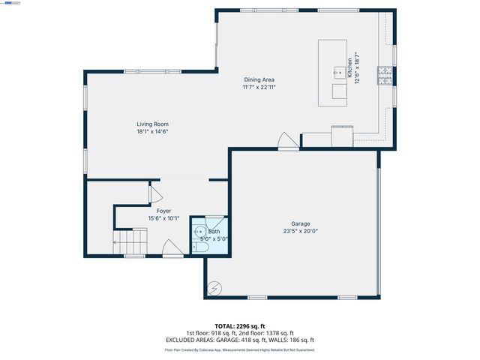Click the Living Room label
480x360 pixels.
(151, 124)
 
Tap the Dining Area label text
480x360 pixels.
(259, 79)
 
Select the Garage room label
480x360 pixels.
(301, 223)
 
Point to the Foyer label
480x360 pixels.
(163, 211)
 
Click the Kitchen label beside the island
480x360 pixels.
(349, 67)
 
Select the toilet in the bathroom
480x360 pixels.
(199, 247)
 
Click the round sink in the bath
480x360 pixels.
(199, 232)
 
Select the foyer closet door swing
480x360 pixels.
(157, 193)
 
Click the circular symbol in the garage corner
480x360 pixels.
(215, 286)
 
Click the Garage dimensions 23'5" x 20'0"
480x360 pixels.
(301, 232)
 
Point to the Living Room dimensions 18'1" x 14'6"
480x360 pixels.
(151, 132)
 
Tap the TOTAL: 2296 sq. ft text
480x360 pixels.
(240, 326)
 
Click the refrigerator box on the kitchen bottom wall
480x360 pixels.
(342, 136)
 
